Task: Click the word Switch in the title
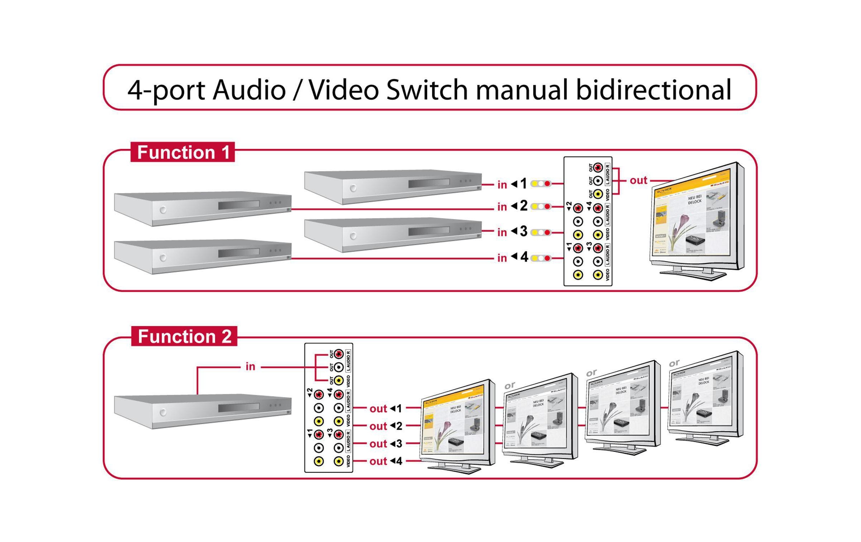tap(427, 90)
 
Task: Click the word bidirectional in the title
tap(653, 90)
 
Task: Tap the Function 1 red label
tap(183, 152)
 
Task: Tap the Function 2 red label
tap(184, 336)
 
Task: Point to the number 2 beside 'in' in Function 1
tap(523, 206)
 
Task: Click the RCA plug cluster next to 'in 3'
tap(541, 233)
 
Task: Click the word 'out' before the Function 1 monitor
tap(638, 180)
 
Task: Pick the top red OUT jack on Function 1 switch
tap(598, 167)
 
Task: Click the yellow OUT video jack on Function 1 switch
tap(598, 194)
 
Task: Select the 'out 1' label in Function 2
tap(386, 408)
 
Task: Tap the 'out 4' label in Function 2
tap(386, 461)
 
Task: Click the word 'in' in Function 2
tap(250, 367)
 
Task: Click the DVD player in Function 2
tap(203, 411)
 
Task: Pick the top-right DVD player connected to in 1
tap(393, 186)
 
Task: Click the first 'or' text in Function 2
tap(510, 385)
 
